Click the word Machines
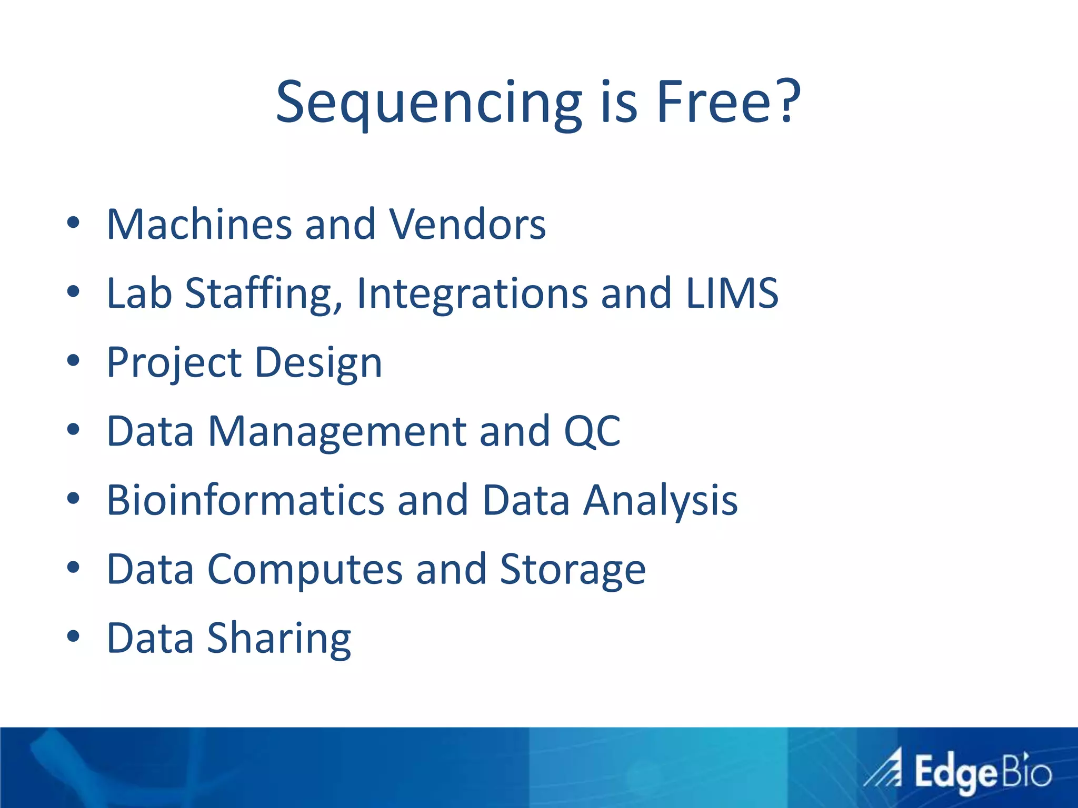[x=199, y=225]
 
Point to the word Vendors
[x=467, y=225]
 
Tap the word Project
[x=174, y=363]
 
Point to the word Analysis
[x=660, y=501]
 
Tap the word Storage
[x=572, y=570]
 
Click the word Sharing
[x=279, y=639]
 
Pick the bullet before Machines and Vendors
[x=73, y=223]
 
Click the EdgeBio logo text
[x=982, y=773]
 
